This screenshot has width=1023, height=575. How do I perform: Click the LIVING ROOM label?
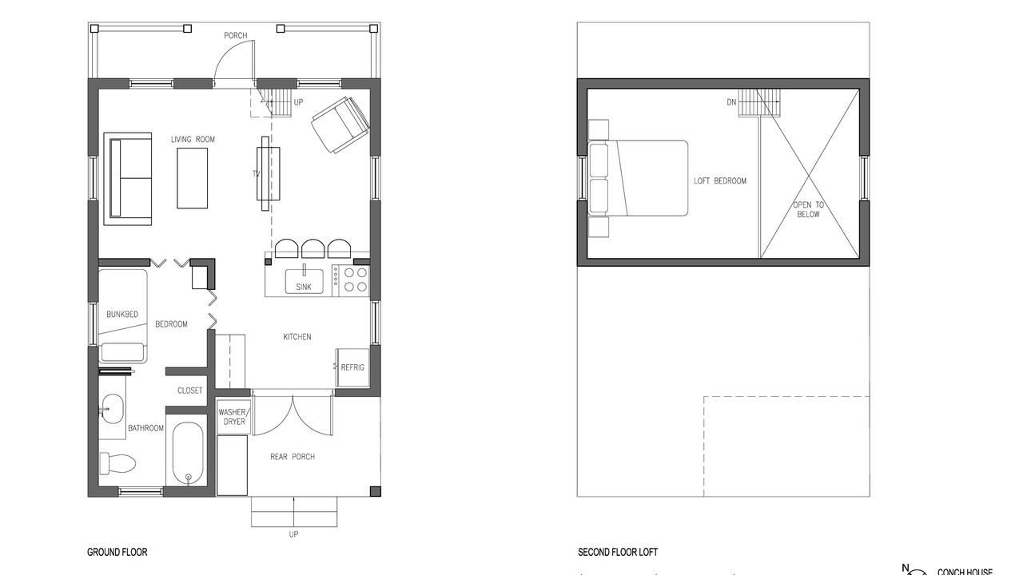[x=193, y=139]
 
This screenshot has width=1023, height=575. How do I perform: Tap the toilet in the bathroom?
[x=117, y=463]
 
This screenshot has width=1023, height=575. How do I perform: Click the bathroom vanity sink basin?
[x=113, y=409]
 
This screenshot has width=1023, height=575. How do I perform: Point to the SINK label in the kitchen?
[x=304, y=287]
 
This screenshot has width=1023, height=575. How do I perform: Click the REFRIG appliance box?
[x=352, y=368]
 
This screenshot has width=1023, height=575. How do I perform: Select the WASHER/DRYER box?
[x=234, y=417]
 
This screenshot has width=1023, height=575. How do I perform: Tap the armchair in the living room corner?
[x=340, y=124]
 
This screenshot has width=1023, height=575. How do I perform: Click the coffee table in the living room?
[x=193, y=178]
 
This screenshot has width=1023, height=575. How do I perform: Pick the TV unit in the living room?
[x=268, y=173]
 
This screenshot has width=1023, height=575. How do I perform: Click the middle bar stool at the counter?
[x=313, y=248]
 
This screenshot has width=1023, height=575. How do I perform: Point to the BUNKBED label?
[x=122, y=314]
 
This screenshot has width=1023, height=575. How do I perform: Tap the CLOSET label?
[x=190, y=391]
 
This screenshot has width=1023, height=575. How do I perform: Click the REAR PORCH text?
[x=293, y=456]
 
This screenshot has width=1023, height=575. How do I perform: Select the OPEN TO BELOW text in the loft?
[x=808, y=209]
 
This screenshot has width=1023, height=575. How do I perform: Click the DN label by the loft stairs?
[x=731, y=102]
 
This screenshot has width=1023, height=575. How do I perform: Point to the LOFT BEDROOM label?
[x=720, y=180]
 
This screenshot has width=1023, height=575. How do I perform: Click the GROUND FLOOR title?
[x=117, y=552]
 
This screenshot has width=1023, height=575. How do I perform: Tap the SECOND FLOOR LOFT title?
[x=618, y=552]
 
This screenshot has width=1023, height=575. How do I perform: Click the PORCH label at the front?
[x=236, y=36]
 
